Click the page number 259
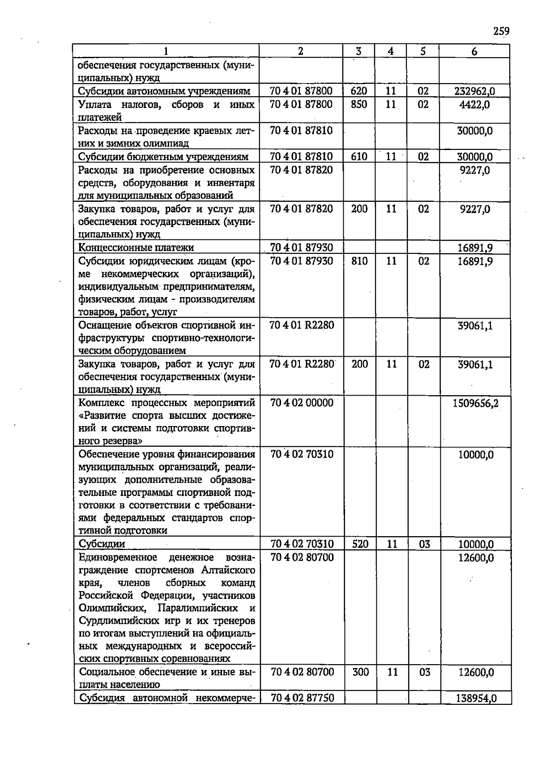pos(501,31)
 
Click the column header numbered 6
pos(474,51)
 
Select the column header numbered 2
pos(300,51)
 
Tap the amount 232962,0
pos(474,91)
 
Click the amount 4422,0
pos(474,105)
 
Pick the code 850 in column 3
pos(359,104)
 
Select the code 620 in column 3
pos(359,91)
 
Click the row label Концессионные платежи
pos(136,247)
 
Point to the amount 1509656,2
pos(475,403)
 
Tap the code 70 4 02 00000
pos(302,403)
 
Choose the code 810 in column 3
pos(359,261)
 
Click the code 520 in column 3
pos(360,544)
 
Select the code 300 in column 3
pos(360,672)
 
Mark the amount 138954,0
pos(476,698)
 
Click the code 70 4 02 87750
pos(303,698)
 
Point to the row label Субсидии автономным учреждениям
pos(164,91)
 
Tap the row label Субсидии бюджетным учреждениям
pos(163,157)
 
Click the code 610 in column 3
pos(359,157)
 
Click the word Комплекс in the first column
pos(101,403)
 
